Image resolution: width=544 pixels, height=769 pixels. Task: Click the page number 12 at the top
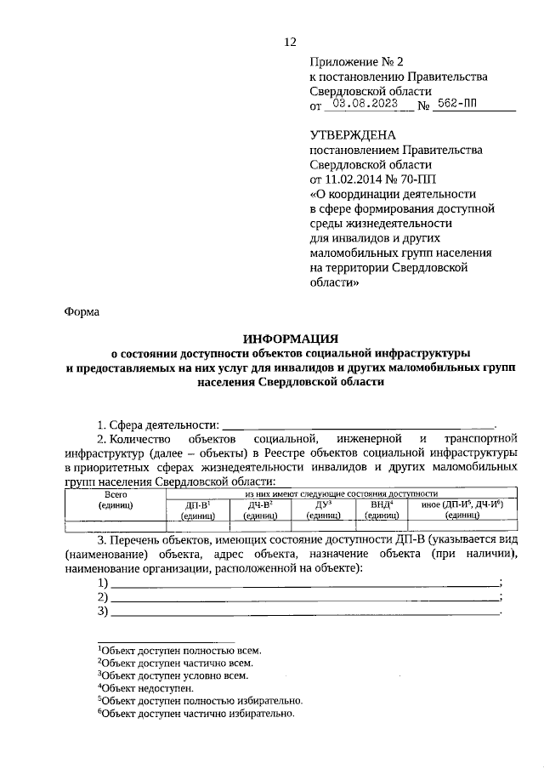[290, 42]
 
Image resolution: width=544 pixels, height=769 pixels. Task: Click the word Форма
[82, 311]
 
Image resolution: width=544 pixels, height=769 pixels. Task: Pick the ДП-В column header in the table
[197, 509]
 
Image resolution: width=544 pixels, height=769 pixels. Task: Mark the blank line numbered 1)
[305, 584]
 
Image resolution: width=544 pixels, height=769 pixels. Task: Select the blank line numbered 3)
[305, 611]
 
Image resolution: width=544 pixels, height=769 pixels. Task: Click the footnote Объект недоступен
[145, 687]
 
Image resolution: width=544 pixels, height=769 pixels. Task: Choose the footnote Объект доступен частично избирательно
[195, 714]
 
